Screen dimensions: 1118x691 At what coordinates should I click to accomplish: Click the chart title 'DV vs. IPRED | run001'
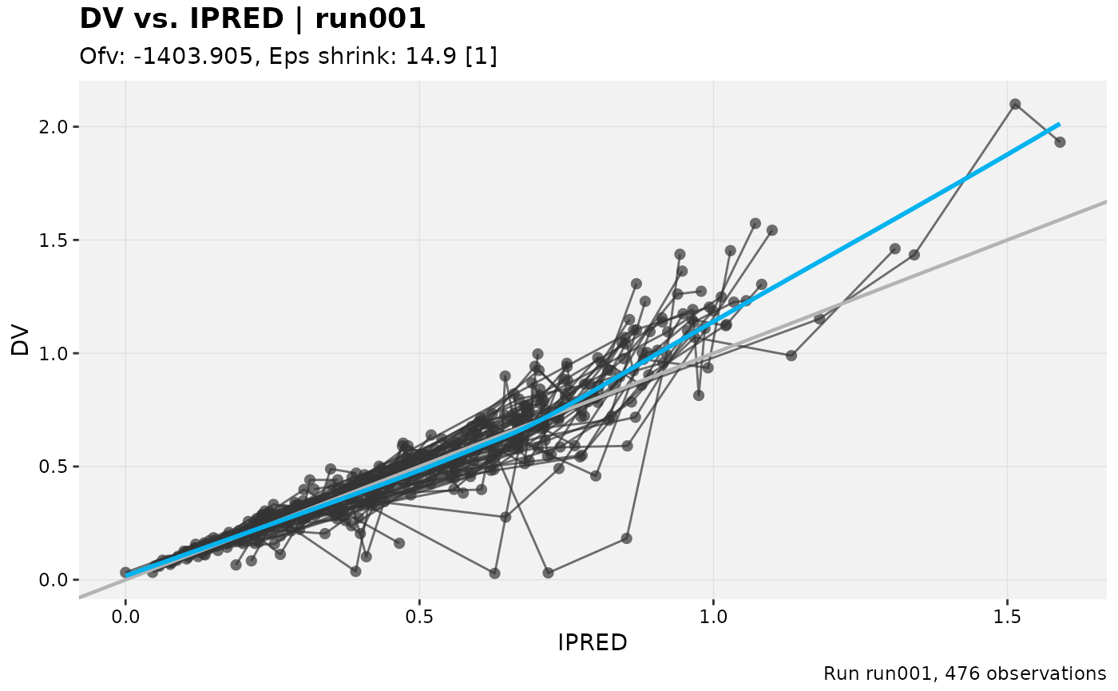(x=252, y=20)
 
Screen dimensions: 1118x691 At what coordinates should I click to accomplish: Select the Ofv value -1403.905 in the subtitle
(x=192, y=57)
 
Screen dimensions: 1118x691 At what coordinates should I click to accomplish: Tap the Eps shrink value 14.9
(x=430, y=57)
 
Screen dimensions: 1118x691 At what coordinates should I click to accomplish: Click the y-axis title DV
(x=20, y=340)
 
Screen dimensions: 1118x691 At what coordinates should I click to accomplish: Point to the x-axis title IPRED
(x=592, y=642)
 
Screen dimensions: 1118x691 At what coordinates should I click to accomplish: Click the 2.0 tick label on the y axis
(x=53, y=127)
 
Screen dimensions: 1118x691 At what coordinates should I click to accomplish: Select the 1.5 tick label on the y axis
(x=53, y=240)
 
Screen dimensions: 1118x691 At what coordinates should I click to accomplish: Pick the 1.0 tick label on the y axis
(x=53, y=353)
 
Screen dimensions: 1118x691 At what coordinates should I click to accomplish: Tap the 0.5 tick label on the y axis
(x=53, y=467)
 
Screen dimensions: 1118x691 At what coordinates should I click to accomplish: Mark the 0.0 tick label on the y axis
(x=53, y=580)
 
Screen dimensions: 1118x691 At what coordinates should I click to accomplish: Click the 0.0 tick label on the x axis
(x=125, y=617)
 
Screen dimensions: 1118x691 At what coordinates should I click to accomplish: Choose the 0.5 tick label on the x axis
(x=419, y=617)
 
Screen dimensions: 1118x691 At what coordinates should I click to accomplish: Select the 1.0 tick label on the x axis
(x=713, y=617)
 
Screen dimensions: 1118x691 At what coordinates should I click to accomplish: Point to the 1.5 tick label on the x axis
(x=1007, y=617)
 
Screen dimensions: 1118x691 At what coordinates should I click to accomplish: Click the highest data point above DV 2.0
(x=1015, y=105)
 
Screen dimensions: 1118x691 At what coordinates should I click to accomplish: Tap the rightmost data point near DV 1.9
(x=1061, y=142)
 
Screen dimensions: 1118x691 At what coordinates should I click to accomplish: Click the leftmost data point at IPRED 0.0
(x=126, y=572)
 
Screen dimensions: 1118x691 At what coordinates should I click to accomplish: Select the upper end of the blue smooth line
(x=1060, y=124)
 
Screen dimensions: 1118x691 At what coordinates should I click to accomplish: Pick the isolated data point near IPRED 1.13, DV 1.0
(x=791, y=355)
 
